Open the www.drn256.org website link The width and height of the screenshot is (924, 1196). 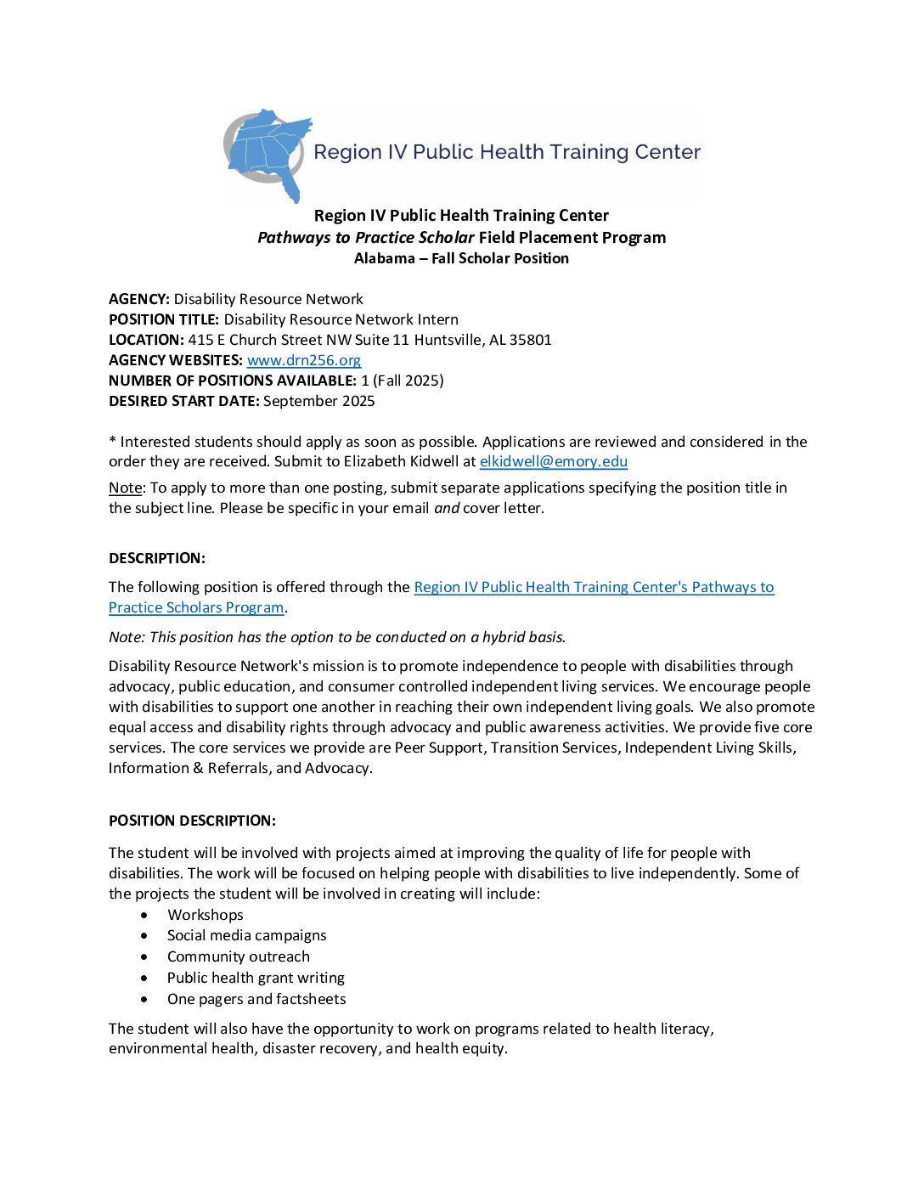[x=304, y=360]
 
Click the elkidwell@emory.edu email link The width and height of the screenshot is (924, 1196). [x=553, y=461]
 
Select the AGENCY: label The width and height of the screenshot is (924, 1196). [x=139, y=299]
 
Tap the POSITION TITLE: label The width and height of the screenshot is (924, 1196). [x=164, y=319]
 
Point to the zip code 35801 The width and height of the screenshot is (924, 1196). [x=531, y=340]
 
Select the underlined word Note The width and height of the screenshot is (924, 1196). [x=125, y=488]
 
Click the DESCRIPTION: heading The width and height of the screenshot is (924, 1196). [x=157, y=558]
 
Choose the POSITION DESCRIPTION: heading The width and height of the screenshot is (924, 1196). [x=192, y=821]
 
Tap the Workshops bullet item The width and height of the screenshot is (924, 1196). [x=206, y=915]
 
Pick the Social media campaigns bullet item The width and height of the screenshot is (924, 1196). [x=246, y=935]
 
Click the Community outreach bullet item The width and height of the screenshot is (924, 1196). [x=238, y=956]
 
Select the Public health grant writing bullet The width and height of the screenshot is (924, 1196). [x=256, y=978]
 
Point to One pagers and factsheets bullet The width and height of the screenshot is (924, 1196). [x=256, y=999]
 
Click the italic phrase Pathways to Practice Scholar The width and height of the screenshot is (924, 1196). [x=366, y=238]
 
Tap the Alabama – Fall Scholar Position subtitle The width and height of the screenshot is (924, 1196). [x=461, y=258]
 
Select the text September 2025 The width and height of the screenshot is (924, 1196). [x=318, y=401]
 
